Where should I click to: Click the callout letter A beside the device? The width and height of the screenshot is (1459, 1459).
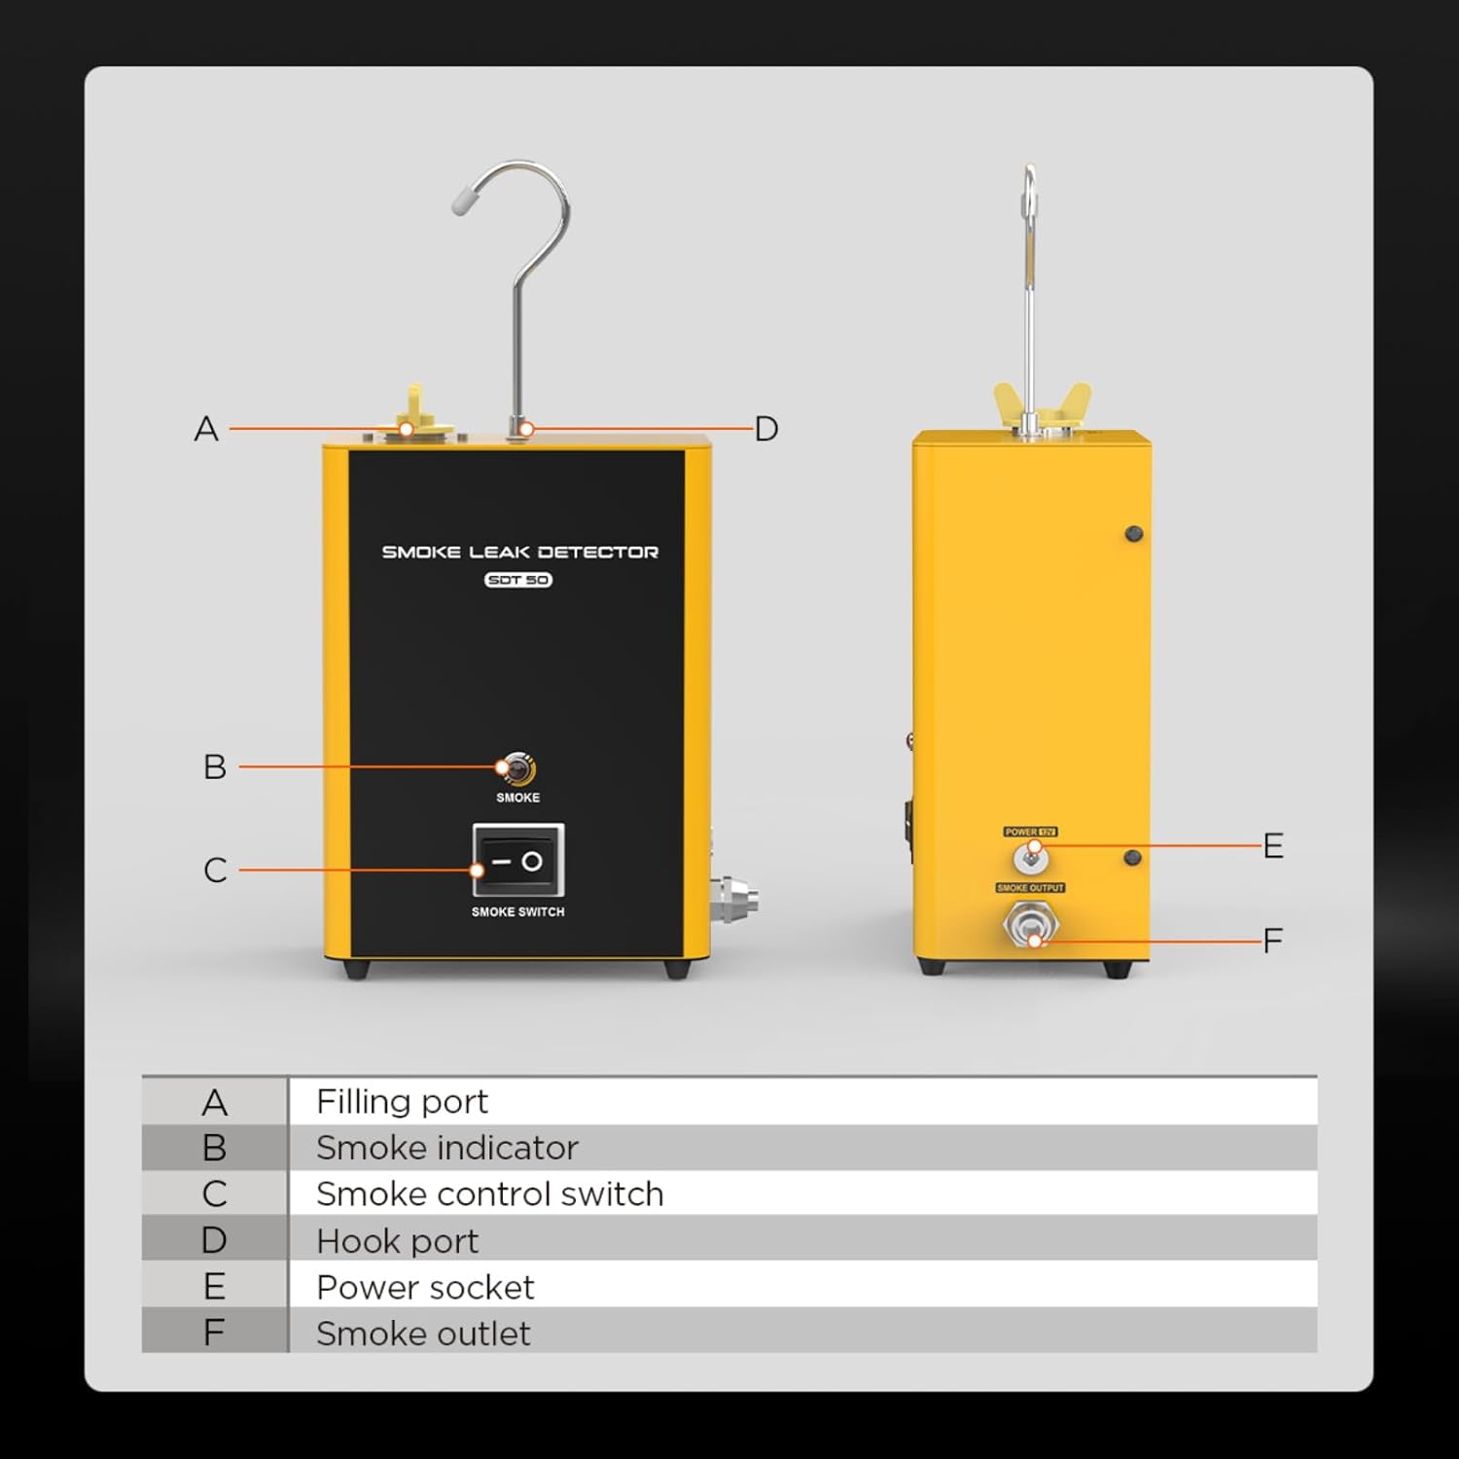206,429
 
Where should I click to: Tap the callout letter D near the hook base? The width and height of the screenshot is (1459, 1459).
766,429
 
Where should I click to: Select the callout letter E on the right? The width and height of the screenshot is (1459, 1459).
1273,846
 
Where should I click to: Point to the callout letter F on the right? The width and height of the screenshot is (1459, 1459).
1273,941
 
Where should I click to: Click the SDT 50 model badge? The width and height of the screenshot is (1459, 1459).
518,580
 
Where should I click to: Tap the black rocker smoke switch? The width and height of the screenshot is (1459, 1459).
518,861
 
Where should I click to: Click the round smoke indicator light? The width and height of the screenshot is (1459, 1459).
517,769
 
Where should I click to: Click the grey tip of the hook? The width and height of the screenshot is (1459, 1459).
463,201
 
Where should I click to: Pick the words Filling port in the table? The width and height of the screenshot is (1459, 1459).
402,1102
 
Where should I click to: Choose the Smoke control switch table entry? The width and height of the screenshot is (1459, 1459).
489,1194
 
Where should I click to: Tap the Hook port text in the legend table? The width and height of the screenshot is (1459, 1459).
397,1241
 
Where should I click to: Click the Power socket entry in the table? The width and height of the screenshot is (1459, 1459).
425,1288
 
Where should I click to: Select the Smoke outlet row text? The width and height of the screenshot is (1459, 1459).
423,1334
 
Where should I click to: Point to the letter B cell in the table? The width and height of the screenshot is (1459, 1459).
215,1149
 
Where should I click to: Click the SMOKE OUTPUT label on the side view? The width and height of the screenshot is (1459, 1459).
1030,888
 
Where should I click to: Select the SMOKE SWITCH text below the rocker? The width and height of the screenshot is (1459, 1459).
517,912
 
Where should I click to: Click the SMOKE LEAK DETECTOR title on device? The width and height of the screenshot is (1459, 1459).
519,552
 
